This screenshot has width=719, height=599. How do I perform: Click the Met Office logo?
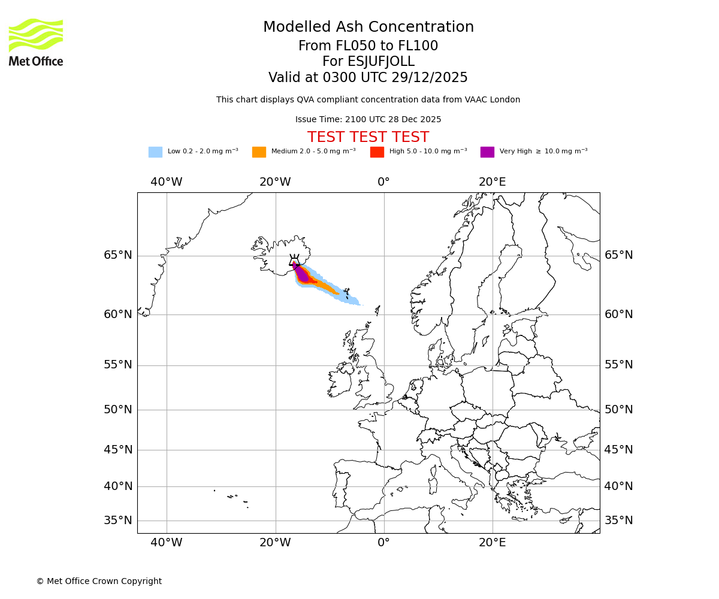(x=36, y=42)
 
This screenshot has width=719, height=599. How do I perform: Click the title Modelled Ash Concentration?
(x=368, y=28)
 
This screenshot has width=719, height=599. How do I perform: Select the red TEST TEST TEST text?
(x=368, y=137)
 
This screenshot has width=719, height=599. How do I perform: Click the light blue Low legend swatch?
(x=155, y=152)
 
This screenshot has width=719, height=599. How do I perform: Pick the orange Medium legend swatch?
(x=259, y=152)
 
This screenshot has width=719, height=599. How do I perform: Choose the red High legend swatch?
(x=377, y=152)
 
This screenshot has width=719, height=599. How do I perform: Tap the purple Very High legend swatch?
(x=487, y=152)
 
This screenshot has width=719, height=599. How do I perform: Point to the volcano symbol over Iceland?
(x=294, y=261)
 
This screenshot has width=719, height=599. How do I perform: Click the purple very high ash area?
(x=302, y=274)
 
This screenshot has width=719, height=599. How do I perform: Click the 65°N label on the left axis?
(x=118, y=255)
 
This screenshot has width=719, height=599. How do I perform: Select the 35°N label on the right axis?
(x=618, y=521)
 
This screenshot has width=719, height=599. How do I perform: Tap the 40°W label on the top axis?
(x=167, y=182)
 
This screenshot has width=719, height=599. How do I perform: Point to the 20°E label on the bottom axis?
(x=493, y=543)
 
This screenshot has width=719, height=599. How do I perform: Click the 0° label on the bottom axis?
(x=383, y=543)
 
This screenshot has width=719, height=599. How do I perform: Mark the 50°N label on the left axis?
(x=118, y=410)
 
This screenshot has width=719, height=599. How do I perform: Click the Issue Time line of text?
(x=368, y=120)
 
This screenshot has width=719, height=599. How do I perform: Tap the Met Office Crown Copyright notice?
(x=99, y=581)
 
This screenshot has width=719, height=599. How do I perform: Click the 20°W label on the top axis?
(x=275, y=182)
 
